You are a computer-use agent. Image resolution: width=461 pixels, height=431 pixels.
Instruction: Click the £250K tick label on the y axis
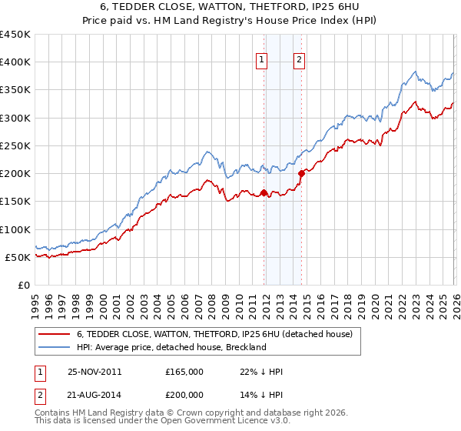click(15, 145)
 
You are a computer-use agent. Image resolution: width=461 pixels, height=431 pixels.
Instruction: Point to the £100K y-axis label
click(15, 229)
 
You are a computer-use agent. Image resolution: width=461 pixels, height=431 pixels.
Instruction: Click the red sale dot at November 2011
click(264, 193)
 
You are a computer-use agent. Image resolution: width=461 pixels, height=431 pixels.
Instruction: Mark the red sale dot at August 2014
click(301, 174)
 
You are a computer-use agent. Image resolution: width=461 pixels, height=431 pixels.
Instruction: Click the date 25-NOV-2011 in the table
click(95, 372)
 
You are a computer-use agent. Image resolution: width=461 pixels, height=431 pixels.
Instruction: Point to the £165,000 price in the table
click(184, 372)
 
